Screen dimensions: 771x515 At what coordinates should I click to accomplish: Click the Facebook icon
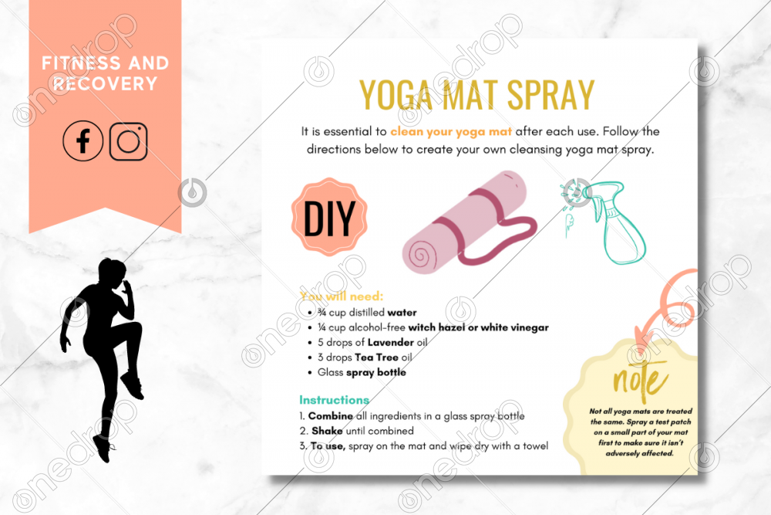point(82,141)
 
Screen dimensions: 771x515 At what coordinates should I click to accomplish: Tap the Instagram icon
point(128,141)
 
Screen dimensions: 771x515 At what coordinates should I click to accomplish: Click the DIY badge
point(329,217)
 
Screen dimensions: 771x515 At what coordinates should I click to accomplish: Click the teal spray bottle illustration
point(610,222)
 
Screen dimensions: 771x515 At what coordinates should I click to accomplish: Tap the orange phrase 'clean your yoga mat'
point(451,131)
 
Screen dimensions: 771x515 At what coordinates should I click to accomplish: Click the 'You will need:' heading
point(342,296)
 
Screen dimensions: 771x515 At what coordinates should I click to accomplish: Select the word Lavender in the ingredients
point(390,342)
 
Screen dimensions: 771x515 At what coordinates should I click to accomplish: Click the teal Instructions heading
point(335,400)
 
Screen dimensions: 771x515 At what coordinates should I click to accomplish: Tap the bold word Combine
point(331,416)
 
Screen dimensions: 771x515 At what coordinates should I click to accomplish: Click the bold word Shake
point(327,431)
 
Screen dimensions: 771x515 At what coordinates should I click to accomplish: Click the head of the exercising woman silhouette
point(113,271)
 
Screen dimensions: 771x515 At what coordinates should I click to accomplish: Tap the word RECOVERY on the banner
point(105,83)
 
